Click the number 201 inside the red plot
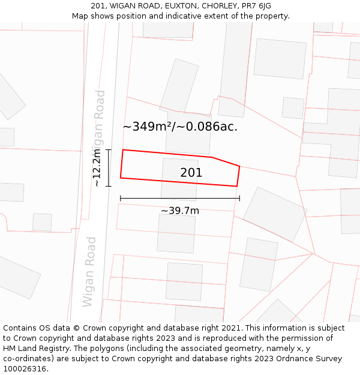click(x=191, y=173)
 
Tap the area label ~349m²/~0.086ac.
click(x=180, y=127)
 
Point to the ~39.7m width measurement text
click(x=180, y=211)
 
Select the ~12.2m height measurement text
click(x=97, y=169)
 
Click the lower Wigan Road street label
click(x=89, y=271)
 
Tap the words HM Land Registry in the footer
click(x=34, y=348)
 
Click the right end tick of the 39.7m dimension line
click(x=239, y=198)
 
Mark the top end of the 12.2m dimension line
click(x=109, y=150)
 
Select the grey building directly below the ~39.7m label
click(x=176, y=233)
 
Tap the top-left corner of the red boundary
click(x=123, y=150)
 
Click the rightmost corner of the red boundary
click(x=239, y=166)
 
